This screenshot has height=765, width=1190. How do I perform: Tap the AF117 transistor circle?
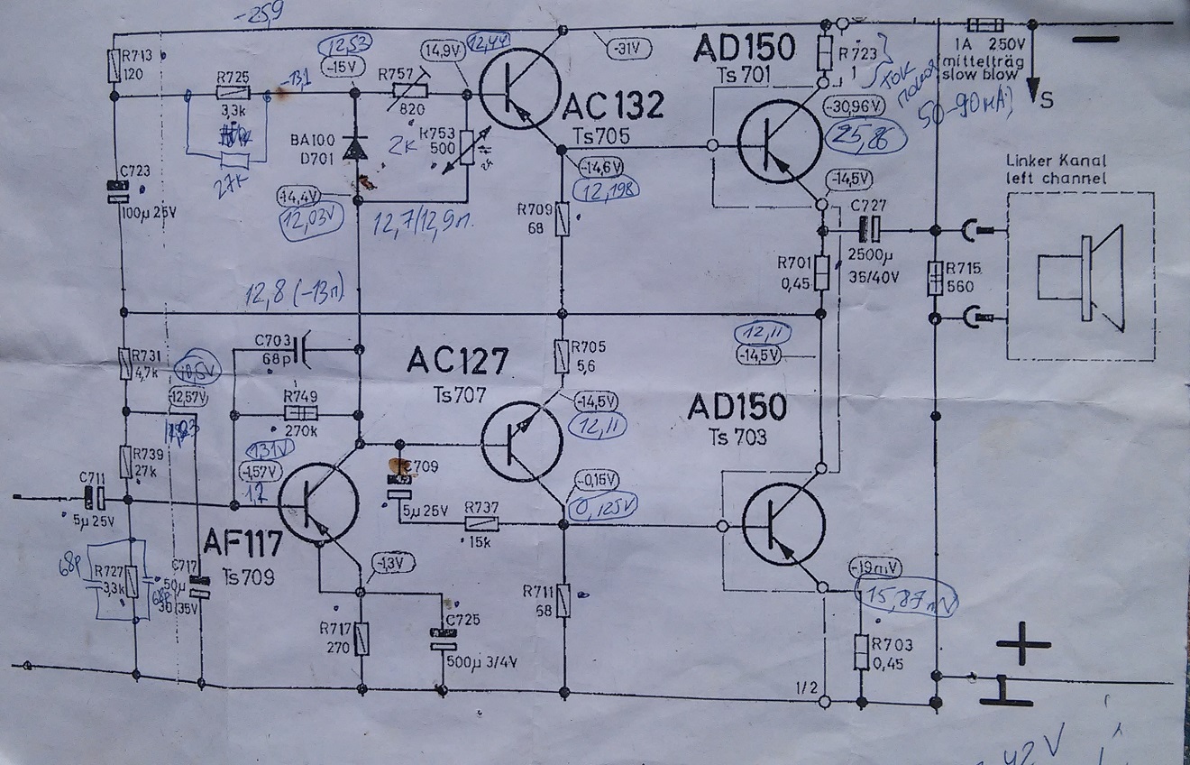pos(318,503)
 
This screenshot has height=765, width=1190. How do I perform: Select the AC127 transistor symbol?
pos(522,440)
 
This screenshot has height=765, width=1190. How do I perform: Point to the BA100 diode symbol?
pos(356,149)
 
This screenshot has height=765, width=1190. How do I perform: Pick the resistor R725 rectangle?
pos(233,93)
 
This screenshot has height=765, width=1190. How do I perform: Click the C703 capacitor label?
pos(272,340)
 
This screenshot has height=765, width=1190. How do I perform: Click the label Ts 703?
pos(737,438)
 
